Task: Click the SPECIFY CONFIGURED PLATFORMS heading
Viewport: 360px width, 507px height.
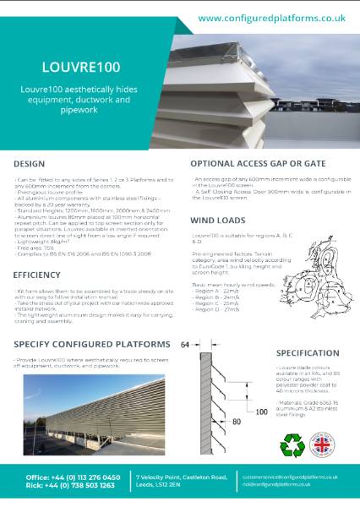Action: (95, 344)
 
